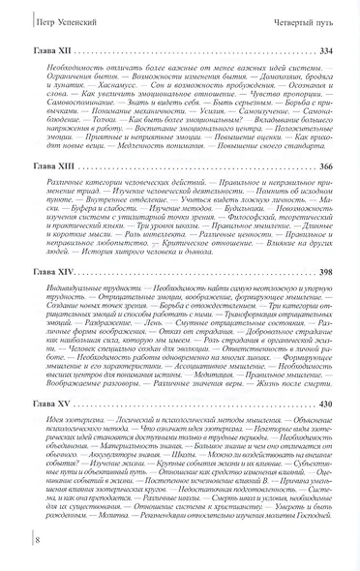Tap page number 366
pyautogui.click(x=331, y=167)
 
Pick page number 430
pyautogui.click(x=331, y=401)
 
